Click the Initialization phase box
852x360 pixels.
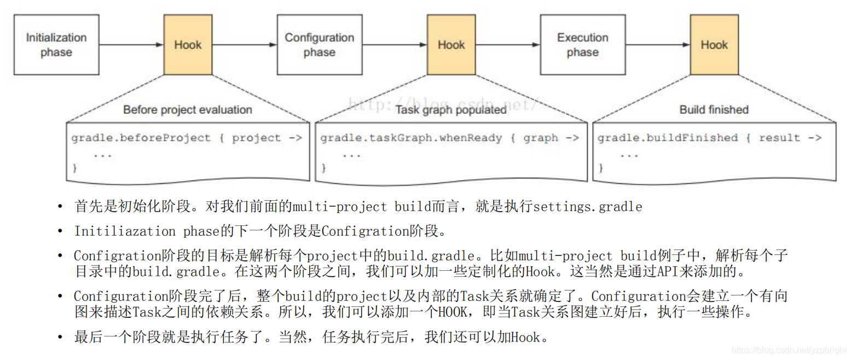[x=56, y=45]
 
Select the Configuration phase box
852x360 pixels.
[x=319, y=45]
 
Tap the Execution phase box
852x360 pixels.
[x=582, y=45]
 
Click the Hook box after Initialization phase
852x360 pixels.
[x=188, y=45]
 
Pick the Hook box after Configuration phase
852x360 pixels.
[x=451, y=45]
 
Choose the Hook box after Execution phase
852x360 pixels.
[x=714, y=45]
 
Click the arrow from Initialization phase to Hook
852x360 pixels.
[x=131, y=45]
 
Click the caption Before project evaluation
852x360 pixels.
[x=187, y=109]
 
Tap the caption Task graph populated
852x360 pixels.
[x=450, y=109]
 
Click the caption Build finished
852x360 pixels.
[x=714, y=109]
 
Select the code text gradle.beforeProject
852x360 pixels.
[x=141, y=138]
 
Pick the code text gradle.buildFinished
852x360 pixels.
[x=668, y=138]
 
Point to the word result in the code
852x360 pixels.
[x=779, y=138]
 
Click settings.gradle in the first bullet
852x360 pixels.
[x=587, y=207]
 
